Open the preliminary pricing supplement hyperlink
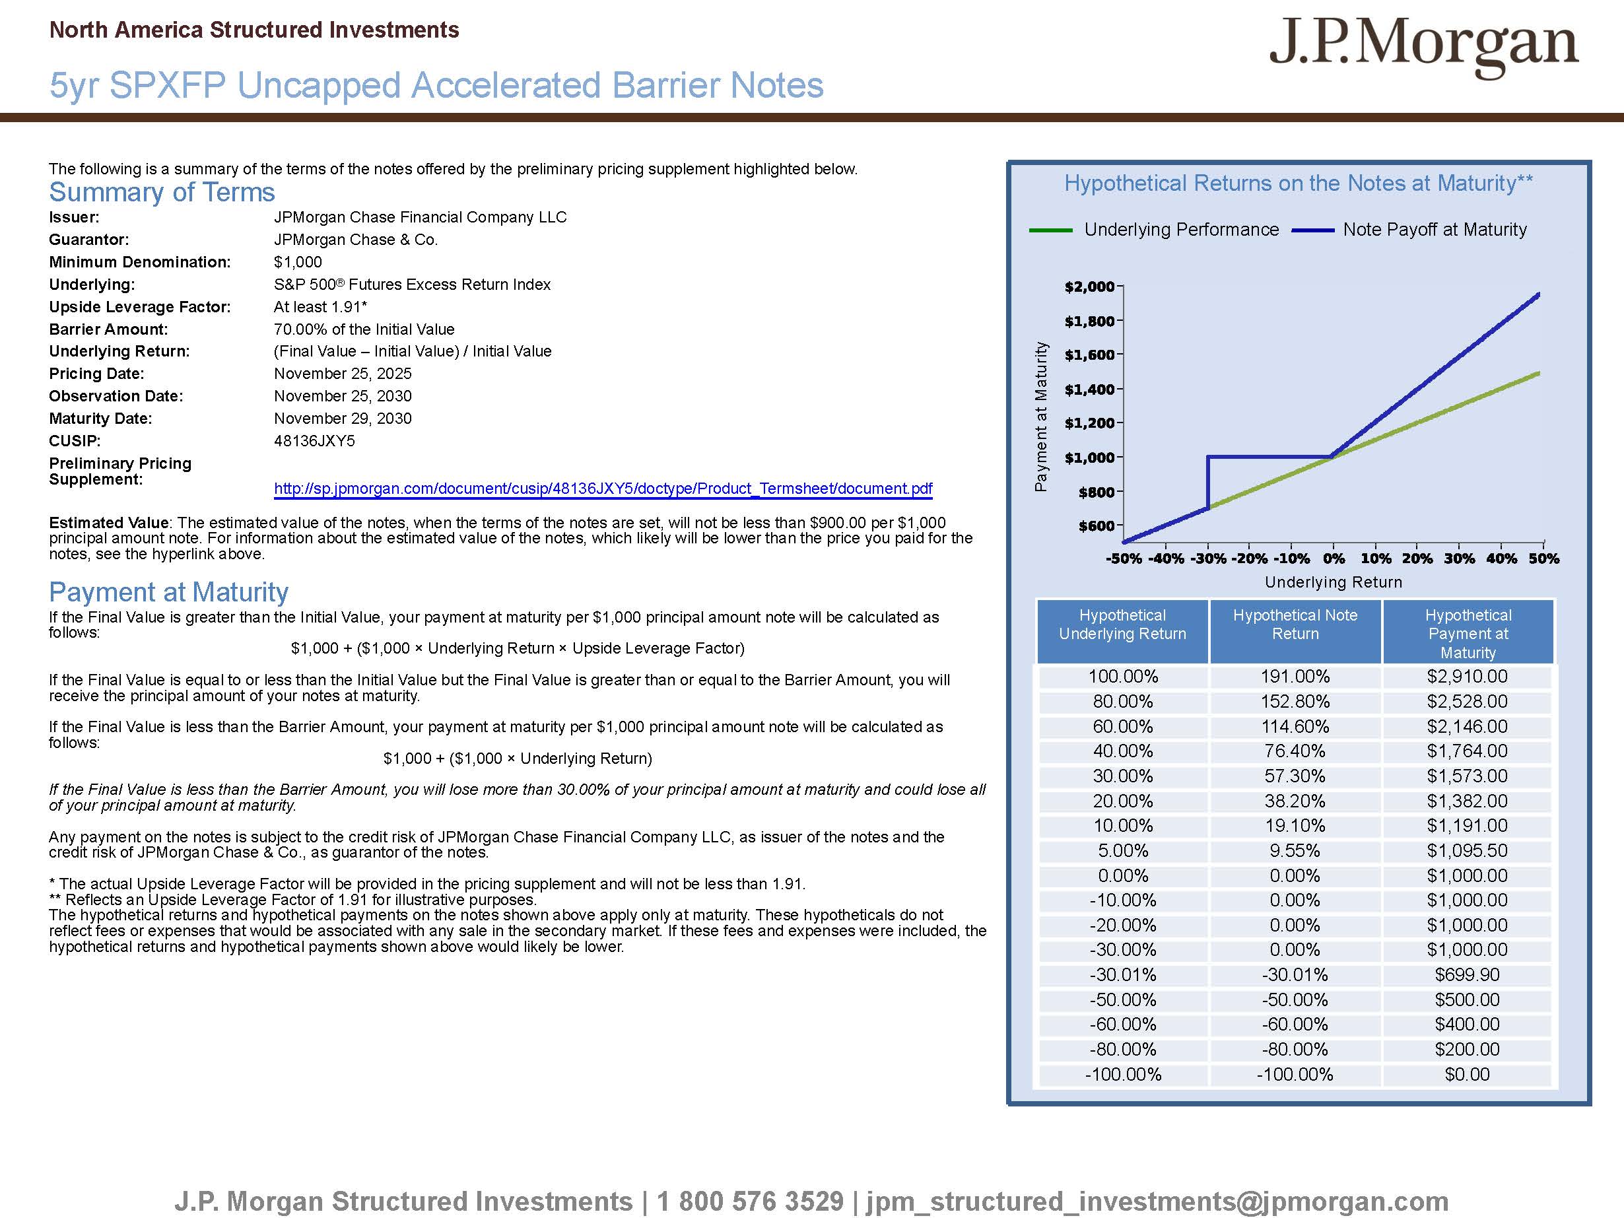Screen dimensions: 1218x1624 pos(603,489)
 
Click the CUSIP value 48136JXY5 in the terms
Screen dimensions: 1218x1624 pos(314,440)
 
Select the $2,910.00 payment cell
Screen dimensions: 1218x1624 pos(1467,676)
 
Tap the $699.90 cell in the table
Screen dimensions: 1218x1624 pos(1467,974)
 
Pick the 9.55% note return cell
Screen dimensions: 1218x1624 pos(1295,850)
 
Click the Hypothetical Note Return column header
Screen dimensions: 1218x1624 pos(1295,625)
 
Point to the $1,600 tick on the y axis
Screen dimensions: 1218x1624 pos(1090,355)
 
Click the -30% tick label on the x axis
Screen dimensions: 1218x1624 pos(1207,558)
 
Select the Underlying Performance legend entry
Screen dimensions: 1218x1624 pos(1180,230)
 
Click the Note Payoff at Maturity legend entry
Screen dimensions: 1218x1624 pos(1434,230)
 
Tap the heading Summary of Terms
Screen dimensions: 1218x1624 pos(162,192)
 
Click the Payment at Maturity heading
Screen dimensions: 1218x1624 pos(168,592)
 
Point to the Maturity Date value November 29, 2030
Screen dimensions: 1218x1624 pos(342,419)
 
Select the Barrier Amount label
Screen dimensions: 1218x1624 pos(108,329)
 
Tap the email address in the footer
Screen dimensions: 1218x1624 pos(1157,1201)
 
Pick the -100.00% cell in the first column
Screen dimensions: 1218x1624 pos(1122,1074)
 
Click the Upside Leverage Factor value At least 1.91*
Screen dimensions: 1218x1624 pos(320,307)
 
